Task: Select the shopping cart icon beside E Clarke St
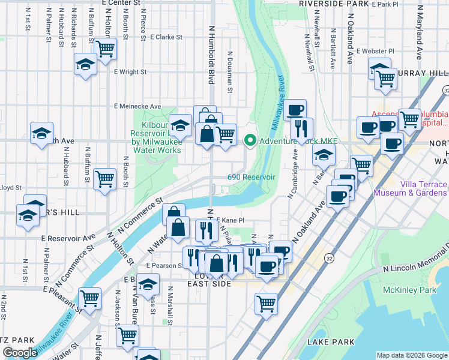pyautogui.click(x=105, y=49)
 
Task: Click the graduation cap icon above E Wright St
pyautogui.click(x=85, y=64)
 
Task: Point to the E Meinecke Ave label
pyautogui.click(x=138, y=106)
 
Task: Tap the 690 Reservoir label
pyautogui.click(x=251, y=177)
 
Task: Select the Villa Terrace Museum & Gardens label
pyautogui.click(x=410, y=188)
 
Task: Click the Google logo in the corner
pyautogui.click(x=20, y=353)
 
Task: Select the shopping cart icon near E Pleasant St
pyautogui.click(x=89, y=298)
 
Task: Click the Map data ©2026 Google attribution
pyautogui.click(x=412, y=355)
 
